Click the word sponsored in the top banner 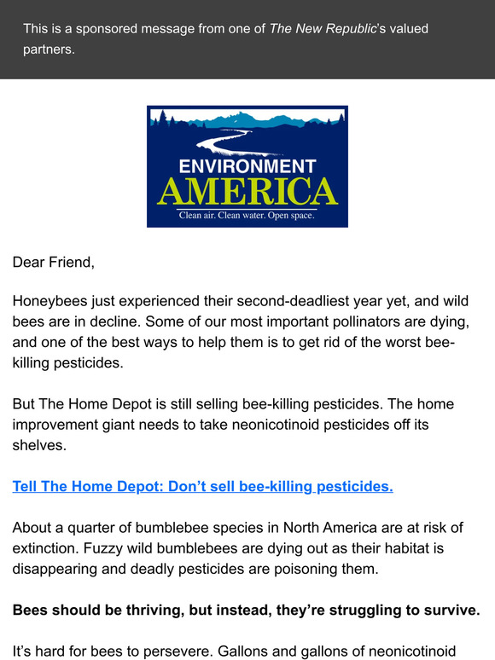coord(108,29)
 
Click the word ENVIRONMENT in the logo coord(247,166)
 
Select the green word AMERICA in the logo coord(247,192)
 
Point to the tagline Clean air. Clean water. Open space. coord(247,216)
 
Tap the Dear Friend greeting coord(53,262)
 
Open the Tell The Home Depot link coord(202,486)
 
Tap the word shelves coord(38,444)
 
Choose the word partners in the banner coord(49,49)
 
